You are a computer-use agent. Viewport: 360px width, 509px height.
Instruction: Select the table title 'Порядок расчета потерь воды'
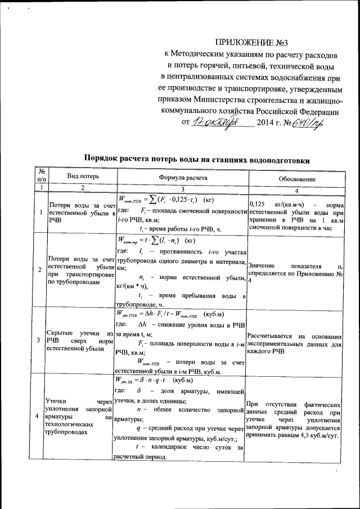click(x=197, y=159)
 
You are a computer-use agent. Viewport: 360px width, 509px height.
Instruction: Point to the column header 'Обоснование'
click(x=296, y=178)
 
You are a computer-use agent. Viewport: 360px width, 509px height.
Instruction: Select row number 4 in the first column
click(x=37, y=416)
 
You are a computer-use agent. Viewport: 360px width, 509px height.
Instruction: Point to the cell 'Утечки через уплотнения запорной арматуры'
click(x=80, y=417)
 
